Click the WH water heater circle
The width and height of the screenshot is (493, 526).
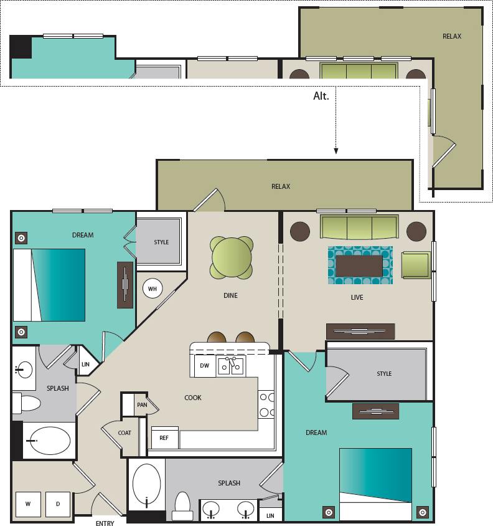pyautogui.click(x=153, y=289)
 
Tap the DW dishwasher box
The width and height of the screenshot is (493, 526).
pyautogui.click(x=204, y=366)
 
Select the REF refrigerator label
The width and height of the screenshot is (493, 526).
pyautogui.click(x=164, y=438)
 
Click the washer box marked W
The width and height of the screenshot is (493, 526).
pyautogui.click(x=28, y=504)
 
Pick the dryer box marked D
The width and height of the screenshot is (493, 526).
pyautogui.click(x=58, y=504)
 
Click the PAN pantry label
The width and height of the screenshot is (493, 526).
pyautogui.click(x=142, y=405)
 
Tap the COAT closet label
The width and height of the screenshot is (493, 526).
pyautogui.click(x=124, y=433)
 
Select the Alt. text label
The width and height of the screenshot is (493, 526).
pyautogui.click(x=321, y=97)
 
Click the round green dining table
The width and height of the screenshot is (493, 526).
pyautogui.click(x=232, y=257)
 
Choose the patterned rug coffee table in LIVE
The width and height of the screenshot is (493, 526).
pyautogui.click(x=360, y=265)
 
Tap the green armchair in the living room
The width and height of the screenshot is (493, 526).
pyautogui.click(x=416, y=265)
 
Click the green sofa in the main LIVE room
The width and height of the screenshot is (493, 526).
pyautogui.click(x=359, y=227)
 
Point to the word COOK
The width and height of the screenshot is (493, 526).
pyautogui.click(x=193, y=398)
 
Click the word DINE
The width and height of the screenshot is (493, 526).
pyautogui.click(x=230, y=295)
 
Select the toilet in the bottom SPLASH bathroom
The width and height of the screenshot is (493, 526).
pyautogui.click(x=182, y=505)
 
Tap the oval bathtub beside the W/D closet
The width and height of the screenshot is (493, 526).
pyautogui.click(x=50, y=441)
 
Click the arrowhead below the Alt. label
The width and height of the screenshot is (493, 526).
pyautogui.click(x=336, y=151)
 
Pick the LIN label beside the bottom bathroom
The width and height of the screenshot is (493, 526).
pyautogui.click(x=270, y=516)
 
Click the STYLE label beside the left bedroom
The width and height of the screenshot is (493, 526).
pyautogui.click(x=161, y=242)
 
